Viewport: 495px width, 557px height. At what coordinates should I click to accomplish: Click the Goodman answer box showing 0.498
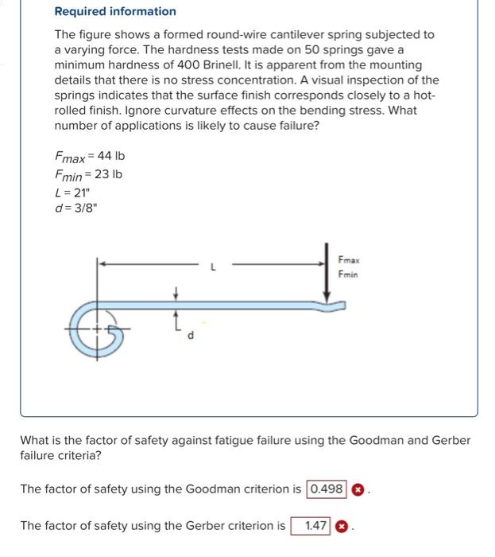pos(327,489)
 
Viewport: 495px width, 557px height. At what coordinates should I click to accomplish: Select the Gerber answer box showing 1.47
pos(311,526)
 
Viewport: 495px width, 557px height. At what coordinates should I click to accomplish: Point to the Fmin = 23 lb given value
pos(88,174)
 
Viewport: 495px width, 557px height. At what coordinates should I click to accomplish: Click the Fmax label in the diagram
pos(348,260)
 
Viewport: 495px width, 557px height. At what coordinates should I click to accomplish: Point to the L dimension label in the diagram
pos(213,268)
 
